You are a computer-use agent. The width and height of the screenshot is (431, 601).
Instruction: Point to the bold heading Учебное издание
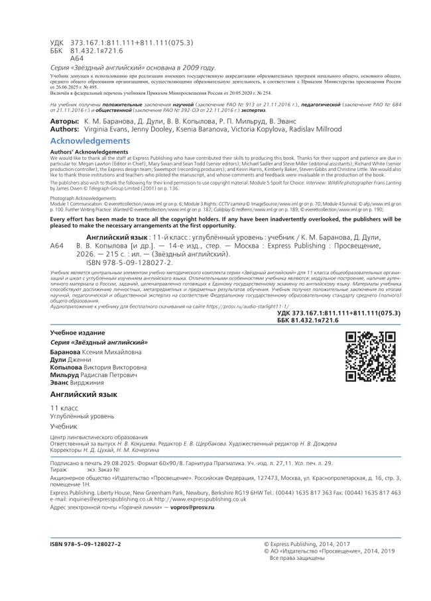[x=78, y=331]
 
